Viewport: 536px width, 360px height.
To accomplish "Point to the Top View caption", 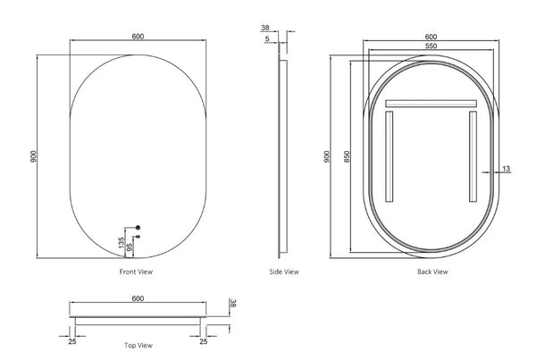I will (x=138, y=344).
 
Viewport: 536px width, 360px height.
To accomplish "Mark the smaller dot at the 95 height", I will (x=137, y=238).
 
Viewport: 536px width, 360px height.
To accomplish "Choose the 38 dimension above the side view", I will (x=266, y=27).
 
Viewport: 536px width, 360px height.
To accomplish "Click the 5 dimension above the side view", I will (x=266, y=39).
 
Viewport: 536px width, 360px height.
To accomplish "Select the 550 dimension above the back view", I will (x=431, y=46).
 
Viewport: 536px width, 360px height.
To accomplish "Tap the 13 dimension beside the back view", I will (x=506, y=168).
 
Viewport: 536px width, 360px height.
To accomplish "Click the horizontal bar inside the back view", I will (x=432, y=105).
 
